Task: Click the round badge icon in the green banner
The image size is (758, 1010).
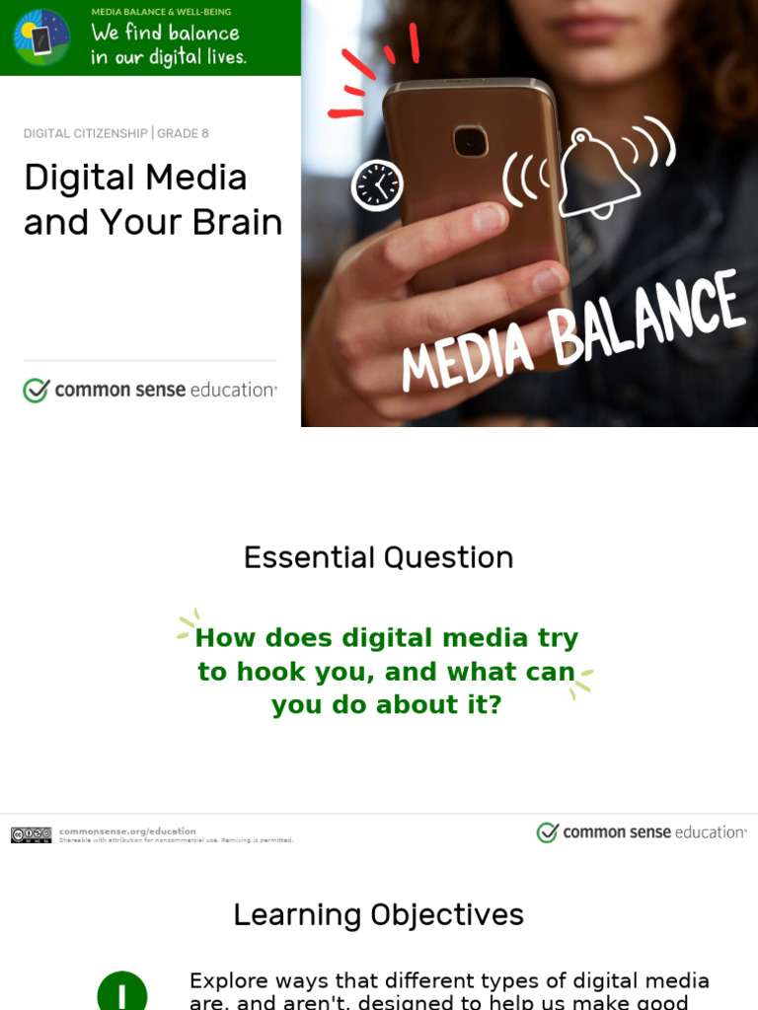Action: tap(41, 37)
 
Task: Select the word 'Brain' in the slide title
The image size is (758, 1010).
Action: tap(238, 223)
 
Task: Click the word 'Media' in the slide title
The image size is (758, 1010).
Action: tap(195, 179)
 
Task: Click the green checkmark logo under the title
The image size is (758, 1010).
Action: tap(37, 391)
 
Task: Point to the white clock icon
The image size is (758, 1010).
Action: tap(377, 185)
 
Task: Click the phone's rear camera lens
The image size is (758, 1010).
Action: tap(471, 141)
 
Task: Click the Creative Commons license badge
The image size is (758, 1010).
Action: tap(32, 835)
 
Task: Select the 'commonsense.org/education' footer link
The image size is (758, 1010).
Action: tap(127, 830)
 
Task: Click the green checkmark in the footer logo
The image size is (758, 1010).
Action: tap(548, 832)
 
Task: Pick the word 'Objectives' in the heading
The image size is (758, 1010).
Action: tap(447, 915)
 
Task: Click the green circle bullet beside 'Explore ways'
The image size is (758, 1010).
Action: tap(122, 992)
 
